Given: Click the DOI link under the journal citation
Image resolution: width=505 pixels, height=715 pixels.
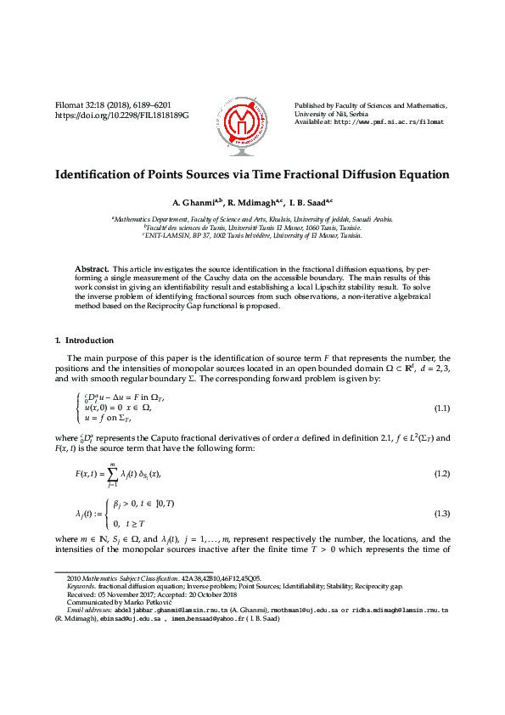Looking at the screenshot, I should click(x=121, y=114).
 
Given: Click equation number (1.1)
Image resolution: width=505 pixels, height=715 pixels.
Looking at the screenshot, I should click(x=441, y=408).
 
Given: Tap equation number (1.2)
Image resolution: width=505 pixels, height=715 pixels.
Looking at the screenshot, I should click(x=441, y=472).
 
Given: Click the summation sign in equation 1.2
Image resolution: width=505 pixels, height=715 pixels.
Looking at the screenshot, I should click(x=110, y=472).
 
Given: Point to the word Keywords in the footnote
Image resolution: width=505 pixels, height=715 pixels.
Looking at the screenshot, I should click(x=81, y=587).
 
